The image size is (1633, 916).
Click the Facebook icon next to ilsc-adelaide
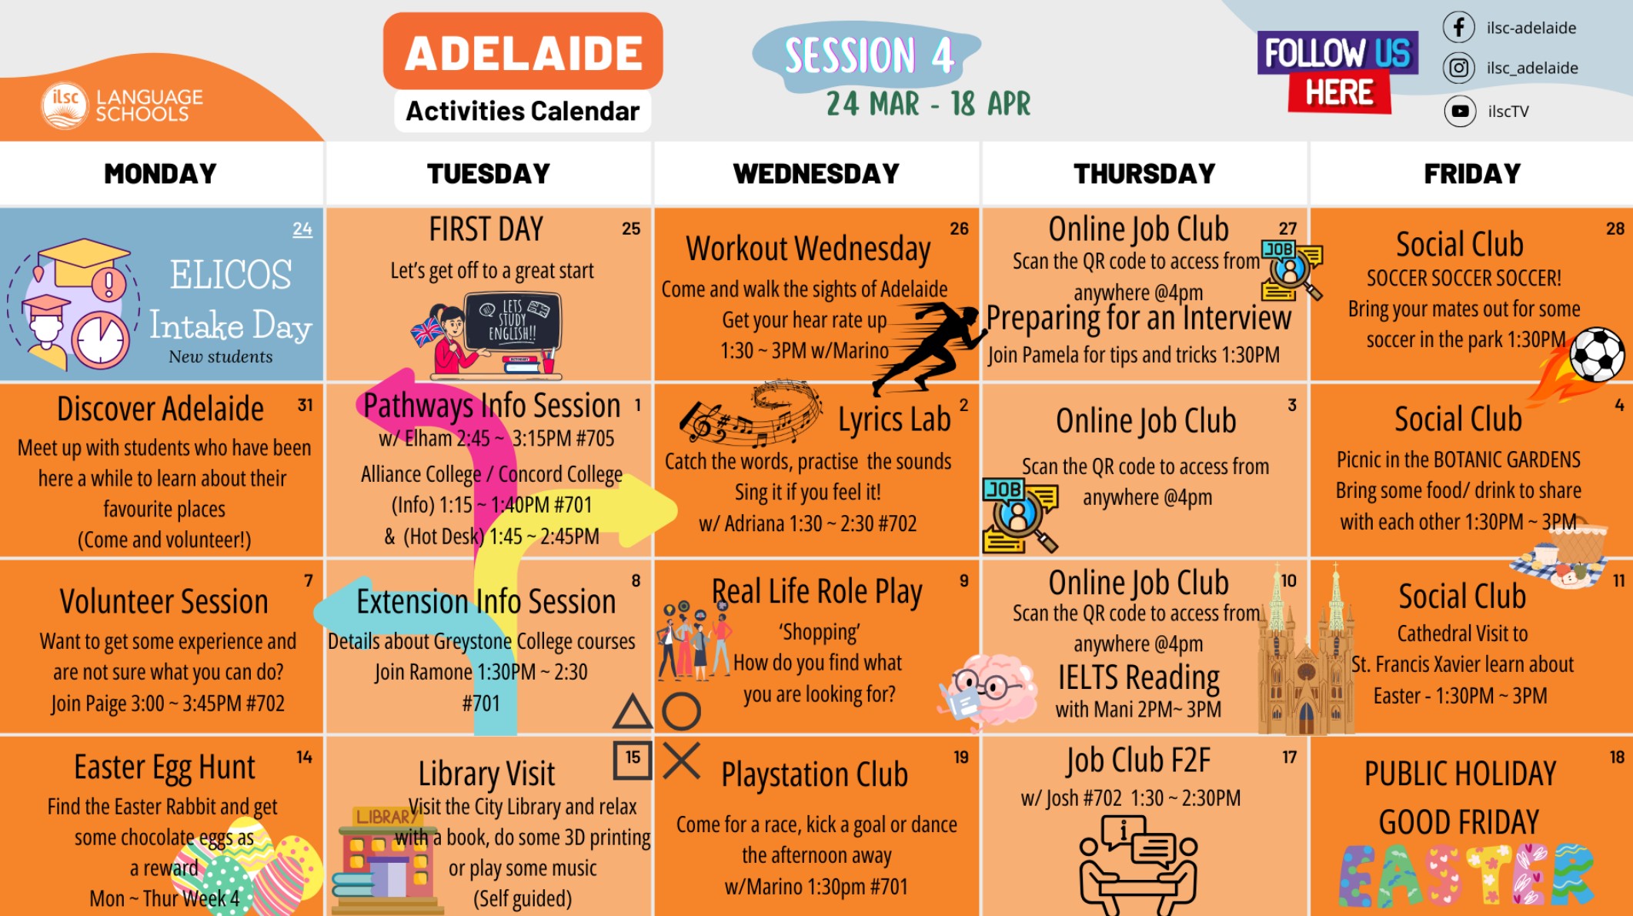tap(1458, 27)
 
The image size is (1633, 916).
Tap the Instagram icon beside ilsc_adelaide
tap(1458, 68)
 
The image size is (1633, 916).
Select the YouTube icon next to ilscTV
tap(1459, 111)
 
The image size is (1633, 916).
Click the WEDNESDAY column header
tap(816, 174)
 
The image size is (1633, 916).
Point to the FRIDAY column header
tap(1472, 174)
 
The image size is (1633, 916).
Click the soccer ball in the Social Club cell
tap(1597, 354)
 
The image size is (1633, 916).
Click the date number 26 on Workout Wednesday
tap(959, 229)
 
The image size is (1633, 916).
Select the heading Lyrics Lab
tap(894, 420)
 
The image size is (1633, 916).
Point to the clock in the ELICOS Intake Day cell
tap(101, 339)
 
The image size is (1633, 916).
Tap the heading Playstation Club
tap(814, 774)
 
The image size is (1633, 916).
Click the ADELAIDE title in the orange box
tap(523, 53)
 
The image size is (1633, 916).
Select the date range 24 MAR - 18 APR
tap(928, 104)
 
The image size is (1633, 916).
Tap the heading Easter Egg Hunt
tap(164, 767)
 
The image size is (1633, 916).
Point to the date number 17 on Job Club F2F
tap(1290, 757)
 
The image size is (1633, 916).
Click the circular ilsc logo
tap(65, 105)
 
